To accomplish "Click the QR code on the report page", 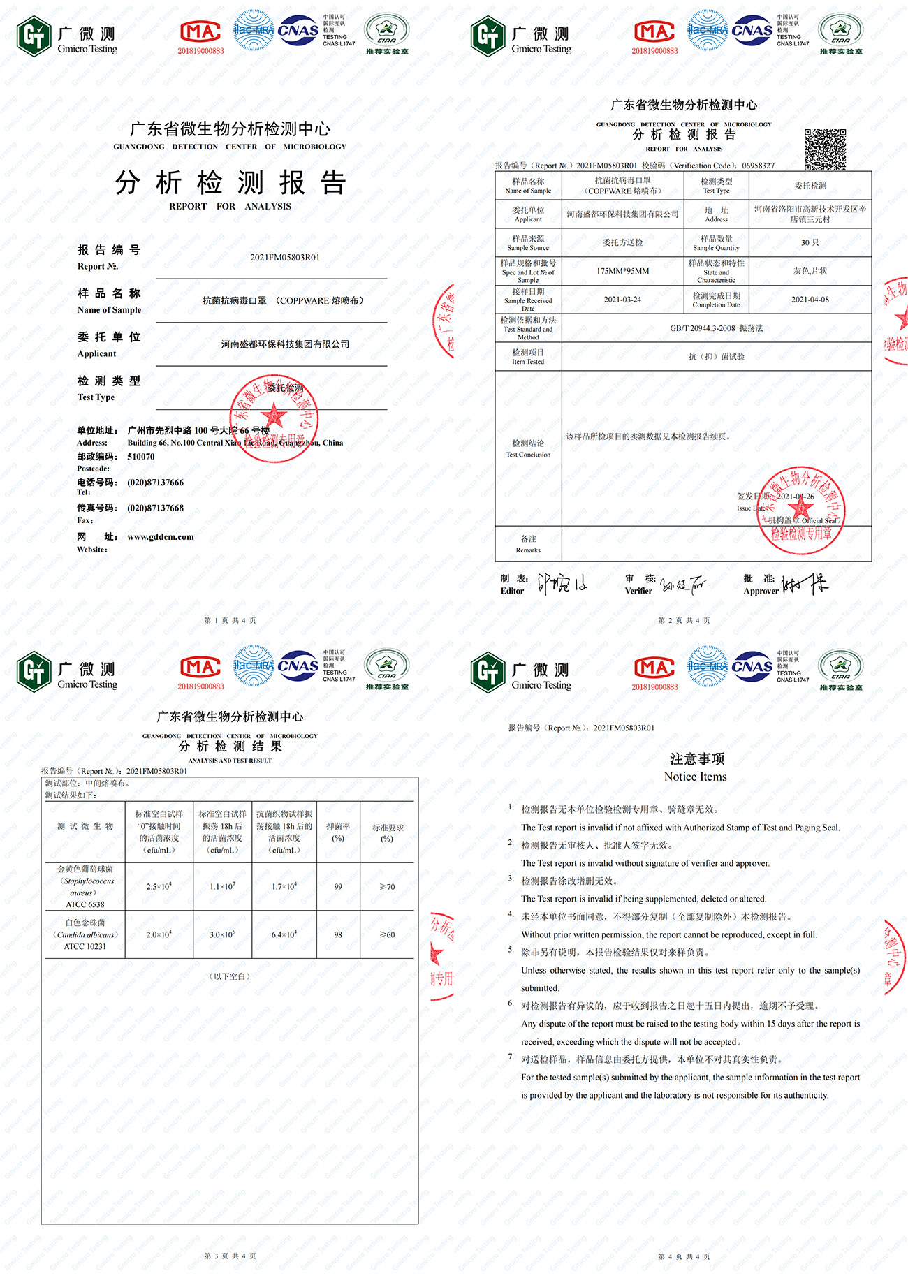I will pyautogui.click(x=825, y=149).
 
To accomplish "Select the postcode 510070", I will pyautogui.click(x=141, y=457).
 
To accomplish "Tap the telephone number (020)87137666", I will pyautogui.click(x=155, y=483).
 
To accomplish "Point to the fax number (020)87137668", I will pyautogui.click(x=155, y=508).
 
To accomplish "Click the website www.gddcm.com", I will pyautogui.click(x=161, y=537).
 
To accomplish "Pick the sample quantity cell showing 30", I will pyautogui.click(x=810, y=242).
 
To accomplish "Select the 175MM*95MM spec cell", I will pyautogui.click(x=622, y=271).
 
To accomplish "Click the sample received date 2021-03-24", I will pyautogui.click(x=622, y=300).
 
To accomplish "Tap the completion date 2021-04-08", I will pyautogui.click(x=810, y=300).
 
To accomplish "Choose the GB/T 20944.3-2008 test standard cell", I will pyautogui.click(x=717, y=328).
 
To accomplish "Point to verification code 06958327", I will pyautogui.click(x=758, y=166).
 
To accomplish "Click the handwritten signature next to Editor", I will pyautogui.click(x=562, y=584).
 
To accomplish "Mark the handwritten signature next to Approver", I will pyautogui.click(x=804, y=584).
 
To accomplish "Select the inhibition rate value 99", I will pyautogui.click(x=338, y=887).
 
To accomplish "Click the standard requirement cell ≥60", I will pyautogui.click(x=387, y=934).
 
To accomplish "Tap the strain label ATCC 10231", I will pyautogui.click(x=85, y=946).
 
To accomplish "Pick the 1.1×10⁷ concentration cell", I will pyautogui.click(x=222, y=887).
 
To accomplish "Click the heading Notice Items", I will pyautogui.click(x=695, y=777).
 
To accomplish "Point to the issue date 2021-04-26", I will pyautogui.click(x=795, y=497).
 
